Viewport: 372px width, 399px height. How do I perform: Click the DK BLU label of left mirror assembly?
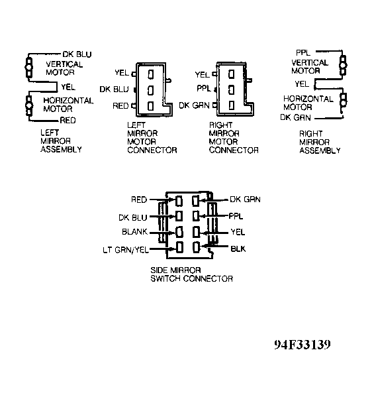[x=77, y=54]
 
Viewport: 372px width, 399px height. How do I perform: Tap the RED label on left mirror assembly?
[x=68, y=120]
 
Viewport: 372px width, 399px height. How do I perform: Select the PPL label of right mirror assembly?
[x=303, y=52]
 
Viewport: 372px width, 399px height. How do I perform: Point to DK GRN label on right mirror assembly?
[x=295, y=117]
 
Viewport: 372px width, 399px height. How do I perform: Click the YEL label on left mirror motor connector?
[x=122, y=73]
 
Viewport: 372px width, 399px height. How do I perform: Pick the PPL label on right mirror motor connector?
[x=204, y=88]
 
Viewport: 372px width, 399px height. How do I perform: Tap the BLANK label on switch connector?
[x=134, y=232]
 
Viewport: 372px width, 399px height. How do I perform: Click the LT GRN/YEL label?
[x=126, y=250]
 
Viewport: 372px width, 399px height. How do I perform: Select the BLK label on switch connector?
[x=238, y=249]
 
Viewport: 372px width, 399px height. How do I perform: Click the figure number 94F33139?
[x=302, y=345]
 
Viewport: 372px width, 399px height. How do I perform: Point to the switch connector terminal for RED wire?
[x=179, y=201]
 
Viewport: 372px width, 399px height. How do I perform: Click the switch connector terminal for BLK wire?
[x=196, y=247]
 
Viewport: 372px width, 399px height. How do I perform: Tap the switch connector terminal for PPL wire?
[x=196, y=216]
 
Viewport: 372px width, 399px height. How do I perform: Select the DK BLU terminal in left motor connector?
[x=151, y=90]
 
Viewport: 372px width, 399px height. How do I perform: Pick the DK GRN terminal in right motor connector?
[x=231, y=105]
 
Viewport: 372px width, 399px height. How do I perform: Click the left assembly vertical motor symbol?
[x=29, y=68]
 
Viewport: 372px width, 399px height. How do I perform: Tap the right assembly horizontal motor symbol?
[x=344, y=99]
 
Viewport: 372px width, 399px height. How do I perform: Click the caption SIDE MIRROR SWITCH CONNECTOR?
[x=191, y=274]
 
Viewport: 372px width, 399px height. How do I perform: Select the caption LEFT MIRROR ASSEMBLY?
[x=61, y=141]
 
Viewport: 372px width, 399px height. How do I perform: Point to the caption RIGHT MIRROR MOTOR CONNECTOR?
[x=234, y=138]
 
